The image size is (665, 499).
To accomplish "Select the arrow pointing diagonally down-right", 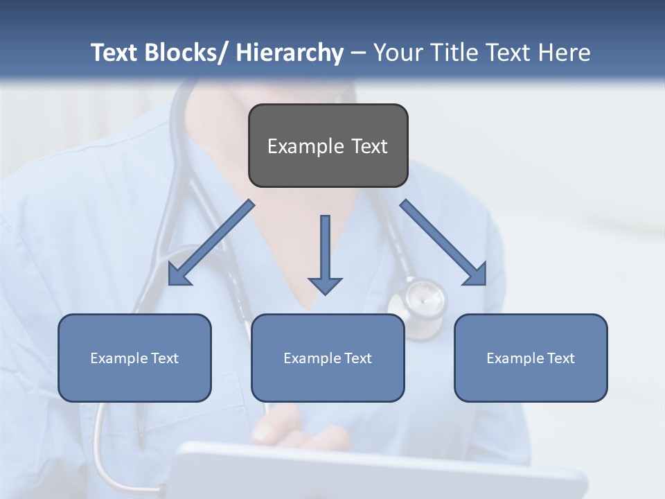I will (x=444, y=243).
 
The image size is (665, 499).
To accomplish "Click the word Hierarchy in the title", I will (x=290, y=53).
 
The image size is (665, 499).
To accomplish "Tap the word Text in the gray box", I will (x=369, y=146).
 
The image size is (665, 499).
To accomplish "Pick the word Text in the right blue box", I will (x=560, y=358).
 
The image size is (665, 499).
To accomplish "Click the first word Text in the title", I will (x=114, y=53).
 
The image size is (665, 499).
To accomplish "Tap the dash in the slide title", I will (x=358, y=53).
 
